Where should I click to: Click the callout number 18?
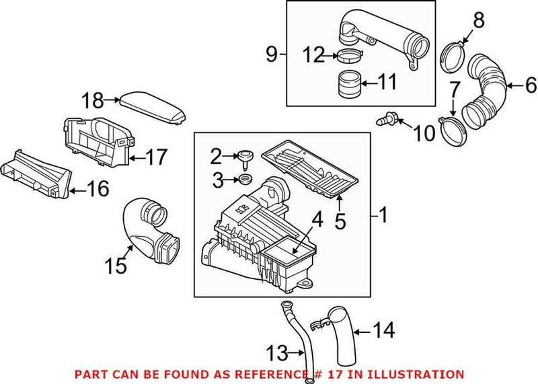point(93,101)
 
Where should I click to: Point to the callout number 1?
point(383,216)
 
